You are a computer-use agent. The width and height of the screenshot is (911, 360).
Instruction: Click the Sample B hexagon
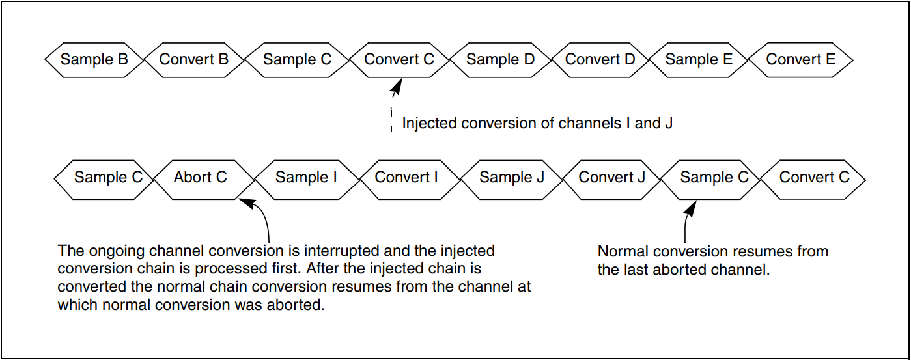[94, 60]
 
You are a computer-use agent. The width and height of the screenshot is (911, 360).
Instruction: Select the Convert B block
[194, 60]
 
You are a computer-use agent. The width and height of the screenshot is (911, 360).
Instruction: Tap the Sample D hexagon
[500, 60]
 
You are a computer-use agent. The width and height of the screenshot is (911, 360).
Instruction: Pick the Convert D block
[600, 60]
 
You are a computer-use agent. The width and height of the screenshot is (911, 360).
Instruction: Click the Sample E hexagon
[699, 60]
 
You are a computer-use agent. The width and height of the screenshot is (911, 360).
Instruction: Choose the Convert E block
[800, 60]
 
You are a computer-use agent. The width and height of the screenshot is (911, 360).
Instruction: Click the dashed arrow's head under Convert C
[397, 87]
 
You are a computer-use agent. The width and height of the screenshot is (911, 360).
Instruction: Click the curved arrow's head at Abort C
[248, 202]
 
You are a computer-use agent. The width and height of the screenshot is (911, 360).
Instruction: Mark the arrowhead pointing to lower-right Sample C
[690, 208]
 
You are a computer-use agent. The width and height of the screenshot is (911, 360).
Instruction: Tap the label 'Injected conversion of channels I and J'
[537, 123]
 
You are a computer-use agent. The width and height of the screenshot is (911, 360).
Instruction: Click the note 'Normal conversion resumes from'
[713, 251]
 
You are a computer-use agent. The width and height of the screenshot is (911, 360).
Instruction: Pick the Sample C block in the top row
[297, 60]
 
